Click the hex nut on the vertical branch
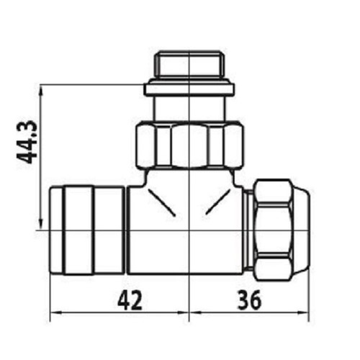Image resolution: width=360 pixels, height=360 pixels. pyautogui.click(x=189, y=147)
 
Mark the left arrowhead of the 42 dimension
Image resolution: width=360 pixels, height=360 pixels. pyautogui.click(x=55, y=313)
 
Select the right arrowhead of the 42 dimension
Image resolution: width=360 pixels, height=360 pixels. pyautogui.click(x=184, y=313)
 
